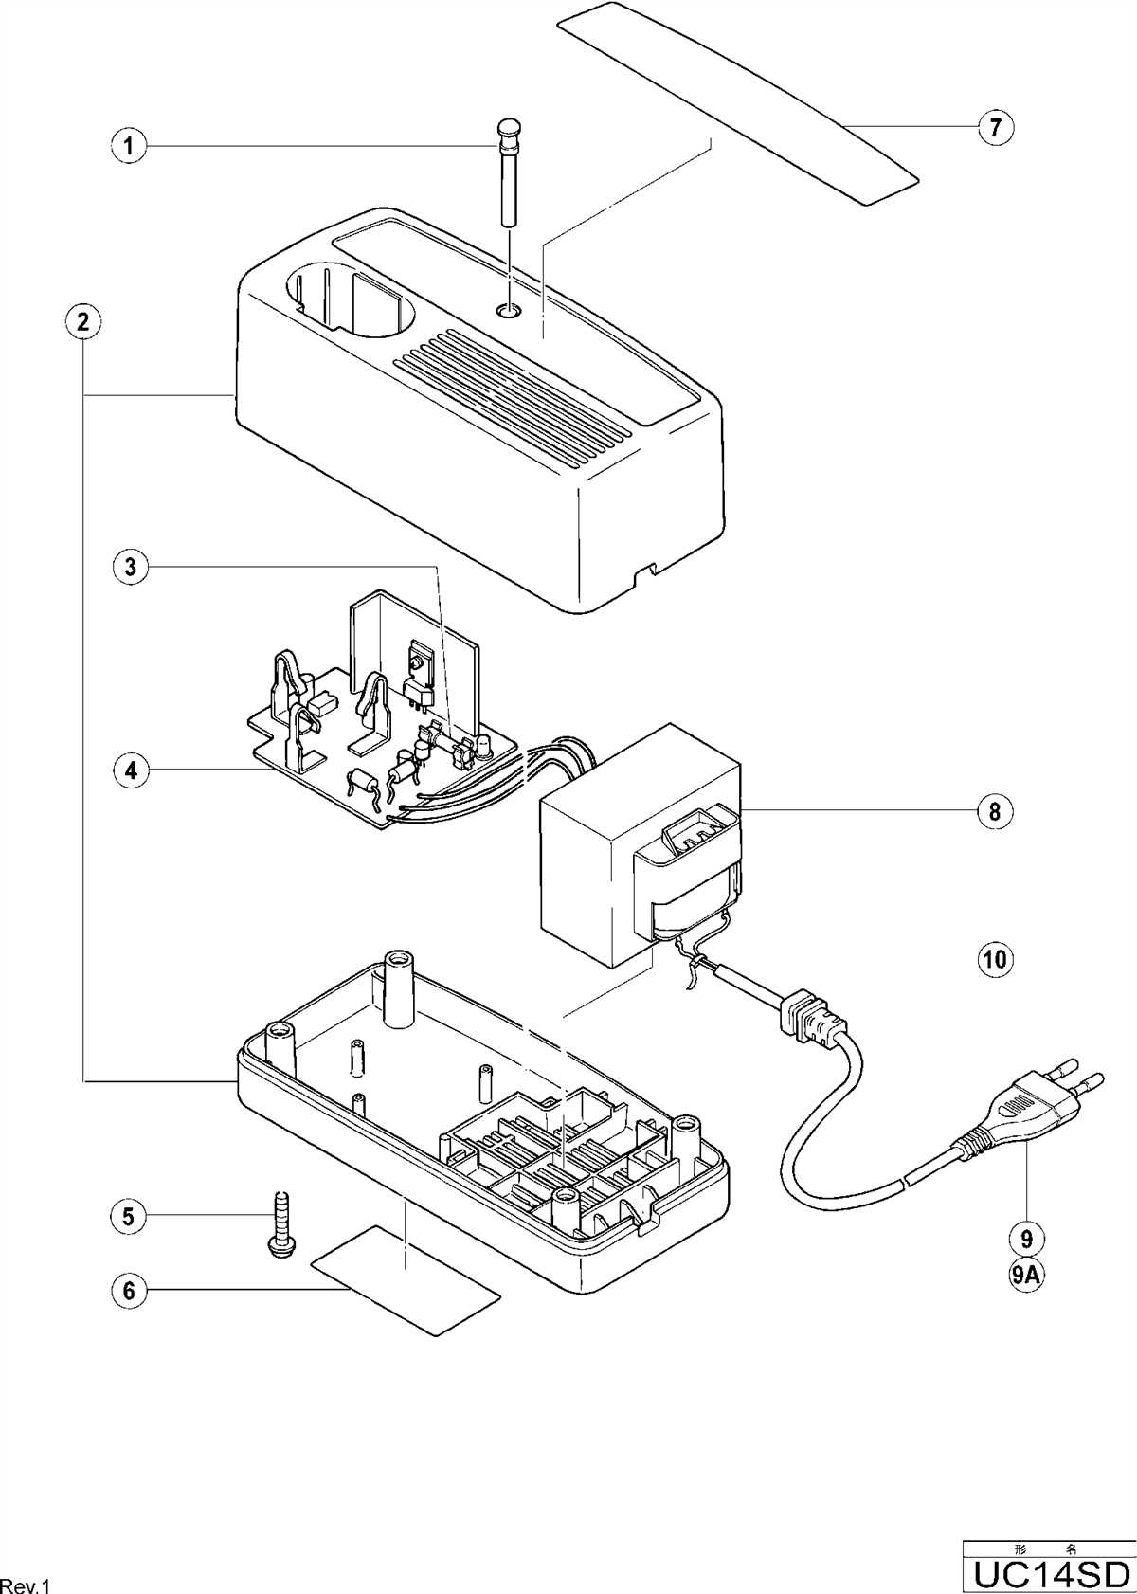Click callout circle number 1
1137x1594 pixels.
128,146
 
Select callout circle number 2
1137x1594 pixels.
83,320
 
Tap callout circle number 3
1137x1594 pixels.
131,567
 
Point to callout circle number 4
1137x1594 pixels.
131,770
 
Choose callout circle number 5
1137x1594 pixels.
128,1216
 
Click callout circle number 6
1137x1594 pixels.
128,1290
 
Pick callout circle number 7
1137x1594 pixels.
995,126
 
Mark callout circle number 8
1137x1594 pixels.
995,811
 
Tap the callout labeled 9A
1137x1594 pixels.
1026,1275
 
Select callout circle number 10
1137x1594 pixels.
995,958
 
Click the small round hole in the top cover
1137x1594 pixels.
510,309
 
